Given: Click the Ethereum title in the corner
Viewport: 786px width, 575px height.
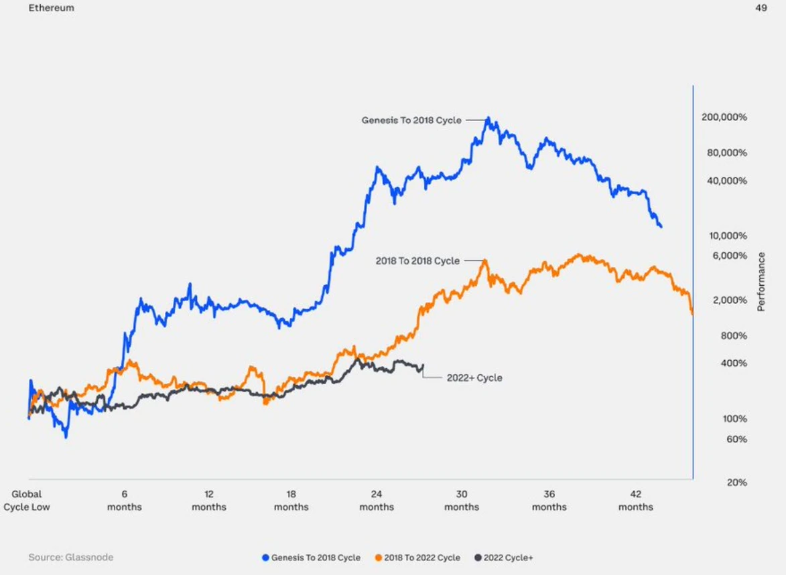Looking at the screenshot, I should click(x=51, y=8).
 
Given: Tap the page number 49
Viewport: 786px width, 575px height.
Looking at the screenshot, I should click(x=761, y=8).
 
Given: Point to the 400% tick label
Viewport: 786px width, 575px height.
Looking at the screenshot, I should click(x=733, y=363).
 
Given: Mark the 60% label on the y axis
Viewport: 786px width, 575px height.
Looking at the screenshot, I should click(x=736, y=439).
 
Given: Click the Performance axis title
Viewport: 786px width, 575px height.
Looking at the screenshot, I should click(x=761, y=281).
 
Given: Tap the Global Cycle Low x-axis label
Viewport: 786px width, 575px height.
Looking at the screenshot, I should click(x=27, y=501).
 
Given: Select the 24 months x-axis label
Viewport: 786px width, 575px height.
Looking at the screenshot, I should click(x=377, y=501).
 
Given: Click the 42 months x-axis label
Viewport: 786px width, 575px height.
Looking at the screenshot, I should click(x=635, y=501).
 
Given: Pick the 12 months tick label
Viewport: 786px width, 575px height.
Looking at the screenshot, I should click(x=208, y=501).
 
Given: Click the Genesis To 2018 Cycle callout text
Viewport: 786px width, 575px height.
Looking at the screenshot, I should click(x=411, y=120).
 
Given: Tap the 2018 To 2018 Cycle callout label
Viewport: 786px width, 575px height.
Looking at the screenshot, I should click(x=418, y=261).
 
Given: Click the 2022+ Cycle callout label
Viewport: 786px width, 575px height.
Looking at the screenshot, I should click(x=474, y=378).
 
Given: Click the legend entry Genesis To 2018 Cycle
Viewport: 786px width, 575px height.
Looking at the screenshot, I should click(x=312, y=558).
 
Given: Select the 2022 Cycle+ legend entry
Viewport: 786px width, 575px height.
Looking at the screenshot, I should click(x=504, y=558).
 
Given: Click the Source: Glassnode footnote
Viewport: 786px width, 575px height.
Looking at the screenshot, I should click(x=70, y=558).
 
